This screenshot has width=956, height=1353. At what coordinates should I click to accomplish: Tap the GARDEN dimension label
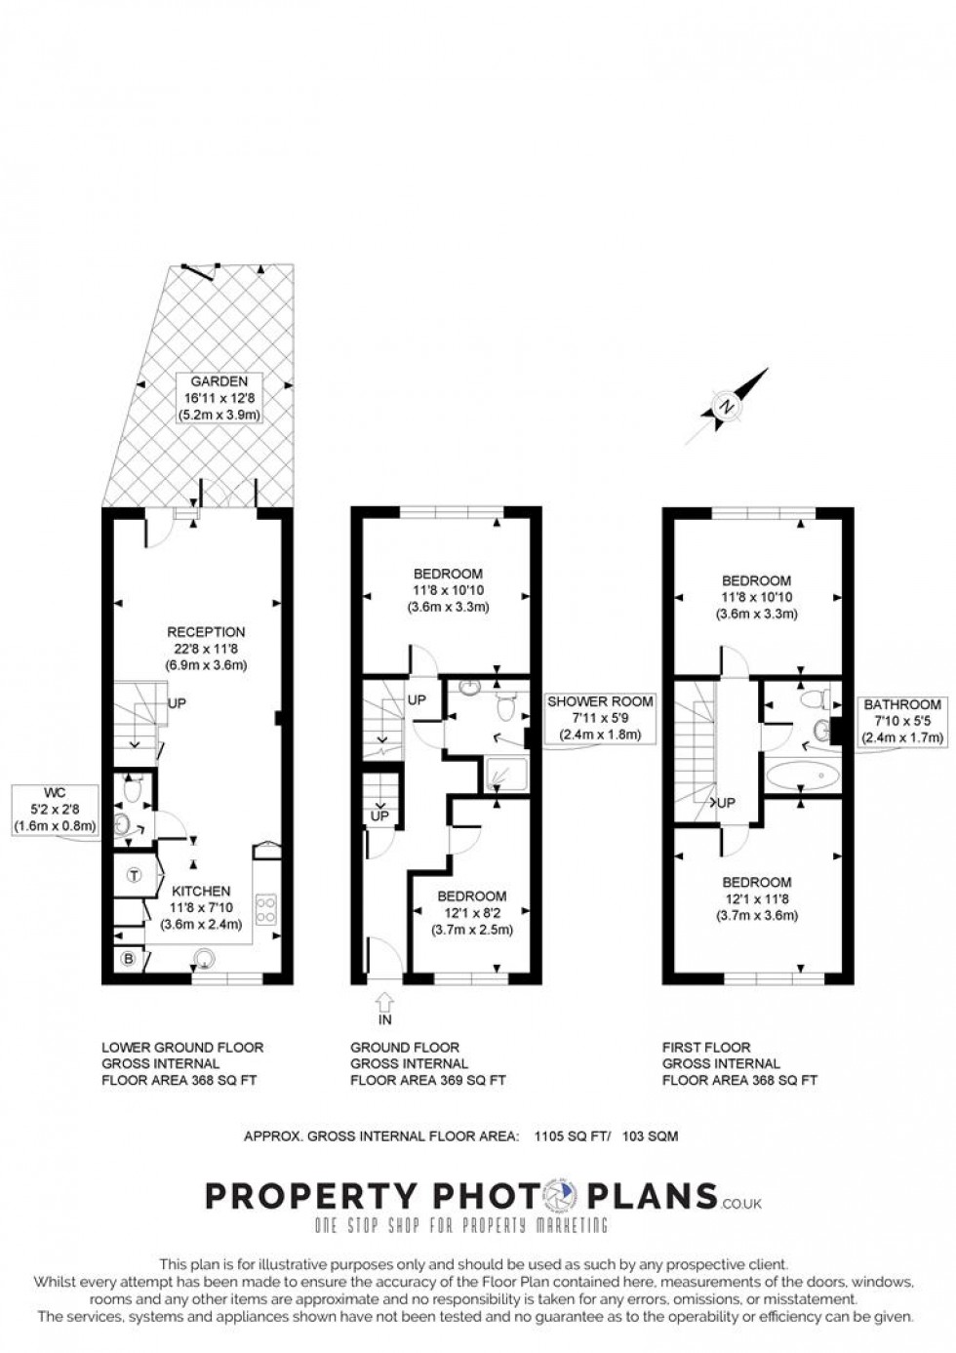pos(219,398)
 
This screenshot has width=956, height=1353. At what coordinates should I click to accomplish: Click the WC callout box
pos(56,809)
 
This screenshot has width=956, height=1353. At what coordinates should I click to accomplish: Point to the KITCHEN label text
pos(201,891)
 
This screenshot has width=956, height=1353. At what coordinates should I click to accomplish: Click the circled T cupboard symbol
pos(134,876)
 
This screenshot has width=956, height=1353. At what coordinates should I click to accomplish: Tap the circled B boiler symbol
pos(126,959)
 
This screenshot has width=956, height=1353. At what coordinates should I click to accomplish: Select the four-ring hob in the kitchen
pos(265,909)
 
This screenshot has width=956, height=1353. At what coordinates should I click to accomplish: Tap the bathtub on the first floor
pos(803,776)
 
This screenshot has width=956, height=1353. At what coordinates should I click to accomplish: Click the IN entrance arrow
pos(384,1005)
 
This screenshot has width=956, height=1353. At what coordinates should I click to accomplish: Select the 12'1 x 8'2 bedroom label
pos(472,913)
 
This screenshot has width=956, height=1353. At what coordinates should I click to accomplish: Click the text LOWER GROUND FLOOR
pos(182,1048)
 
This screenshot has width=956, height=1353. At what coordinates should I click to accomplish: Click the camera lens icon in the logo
pos(562,1196)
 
